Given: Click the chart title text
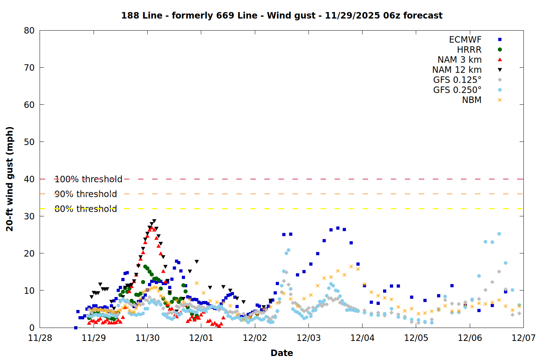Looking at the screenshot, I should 282,15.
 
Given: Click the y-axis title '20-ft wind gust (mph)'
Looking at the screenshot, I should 10,179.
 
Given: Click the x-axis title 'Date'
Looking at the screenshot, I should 282,353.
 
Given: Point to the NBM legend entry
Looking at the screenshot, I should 472,100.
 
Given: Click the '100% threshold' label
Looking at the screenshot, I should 89,179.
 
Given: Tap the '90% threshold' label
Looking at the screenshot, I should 86,194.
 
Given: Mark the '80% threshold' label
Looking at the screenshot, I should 86,209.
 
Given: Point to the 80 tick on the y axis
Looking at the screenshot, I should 29,31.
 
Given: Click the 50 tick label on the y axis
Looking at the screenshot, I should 29,142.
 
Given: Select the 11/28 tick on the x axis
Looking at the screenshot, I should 40,338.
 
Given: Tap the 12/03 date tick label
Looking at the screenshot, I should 309,338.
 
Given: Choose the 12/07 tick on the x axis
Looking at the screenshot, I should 523,338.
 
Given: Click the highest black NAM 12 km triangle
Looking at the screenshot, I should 154,221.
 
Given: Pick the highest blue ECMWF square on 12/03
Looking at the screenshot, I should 338,228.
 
